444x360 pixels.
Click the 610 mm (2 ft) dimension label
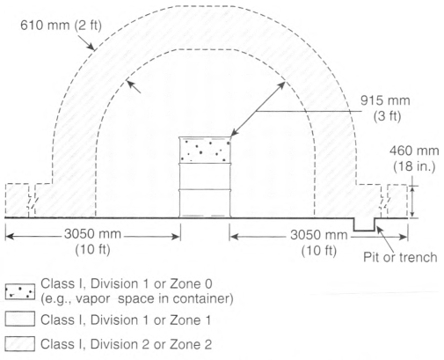61,26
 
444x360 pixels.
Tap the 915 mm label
385,100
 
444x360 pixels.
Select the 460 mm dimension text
414,151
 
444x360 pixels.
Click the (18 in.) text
414,166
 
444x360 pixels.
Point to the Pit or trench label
400,257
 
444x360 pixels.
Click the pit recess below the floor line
364,224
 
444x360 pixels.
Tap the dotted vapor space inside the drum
205,151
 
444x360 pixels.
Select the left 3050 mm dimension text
92,234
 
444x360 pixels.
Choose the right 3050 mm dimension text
319,235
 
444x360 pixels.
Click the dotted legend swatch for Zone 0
20,291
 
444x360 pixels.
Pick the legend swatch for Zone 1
20,319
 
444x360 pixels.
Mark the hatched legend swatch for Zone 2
20,343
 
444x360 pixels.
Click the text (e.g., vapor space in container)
137,299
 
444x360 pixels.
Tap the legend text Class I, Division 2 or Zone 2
126,344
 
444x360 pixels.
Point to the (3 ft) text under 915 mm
387,116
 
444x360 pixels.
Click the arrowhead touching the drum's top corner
234,133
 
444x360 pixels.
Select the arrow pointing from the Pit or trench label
385,239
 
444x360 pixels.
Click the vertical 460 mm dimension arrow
412,202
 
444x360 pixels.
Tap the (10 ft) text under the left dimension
92,250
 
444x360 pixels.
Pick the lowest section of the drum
205,203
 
